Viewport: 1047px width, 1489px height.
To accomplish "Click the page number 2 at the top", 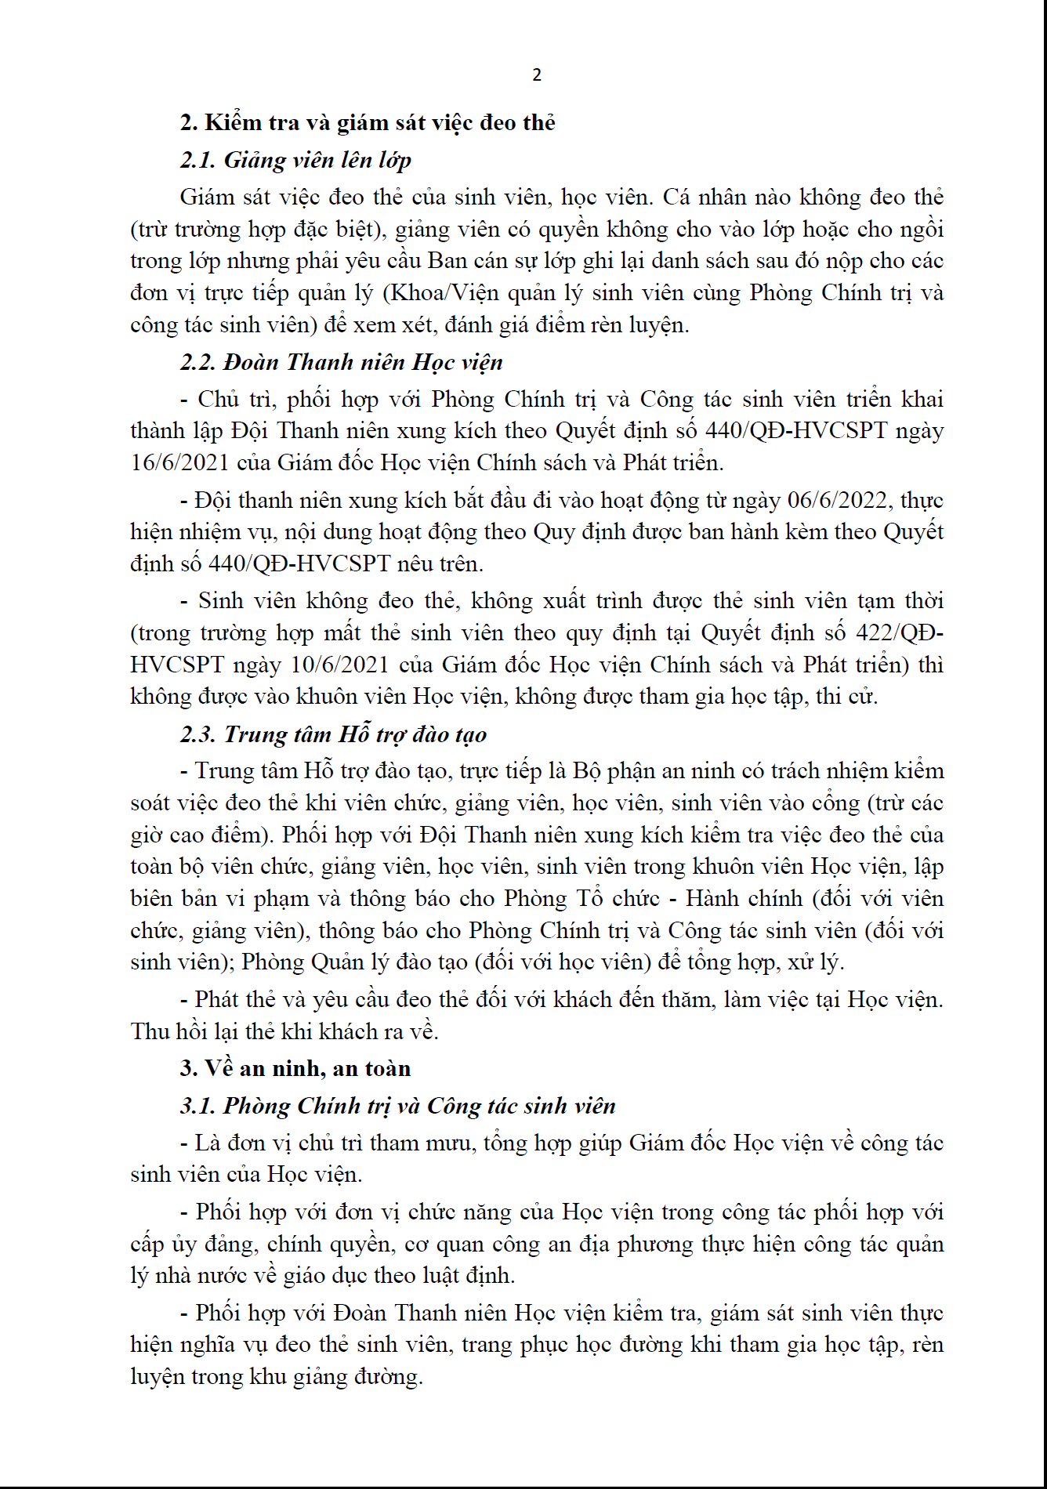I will coord(537,75).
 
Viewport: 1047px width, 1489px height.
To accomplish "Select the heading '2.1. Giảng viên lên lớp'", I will coord(295,161).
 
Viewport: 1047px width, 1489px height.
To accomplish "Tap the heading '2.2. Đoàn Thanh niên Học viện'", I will coord(341,362).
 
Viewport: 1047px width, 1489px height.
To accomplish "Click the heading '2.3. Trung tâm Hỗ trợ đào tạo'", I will coord(333,734).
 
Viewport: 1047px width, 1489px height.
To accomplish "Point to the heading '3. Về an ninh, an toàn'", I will coord(295,1068).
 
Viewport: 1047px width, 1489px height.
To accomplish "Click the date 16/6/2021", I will coord(179,462).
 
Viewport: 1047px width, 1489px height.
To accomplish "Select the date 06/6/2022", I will coord(838,500).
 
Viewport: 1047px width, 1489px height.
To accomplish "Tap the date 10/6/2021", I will coord(339,665).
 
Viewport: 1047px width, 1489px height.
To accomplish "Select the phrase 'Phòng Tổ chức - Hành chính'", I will coord(653,899).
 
